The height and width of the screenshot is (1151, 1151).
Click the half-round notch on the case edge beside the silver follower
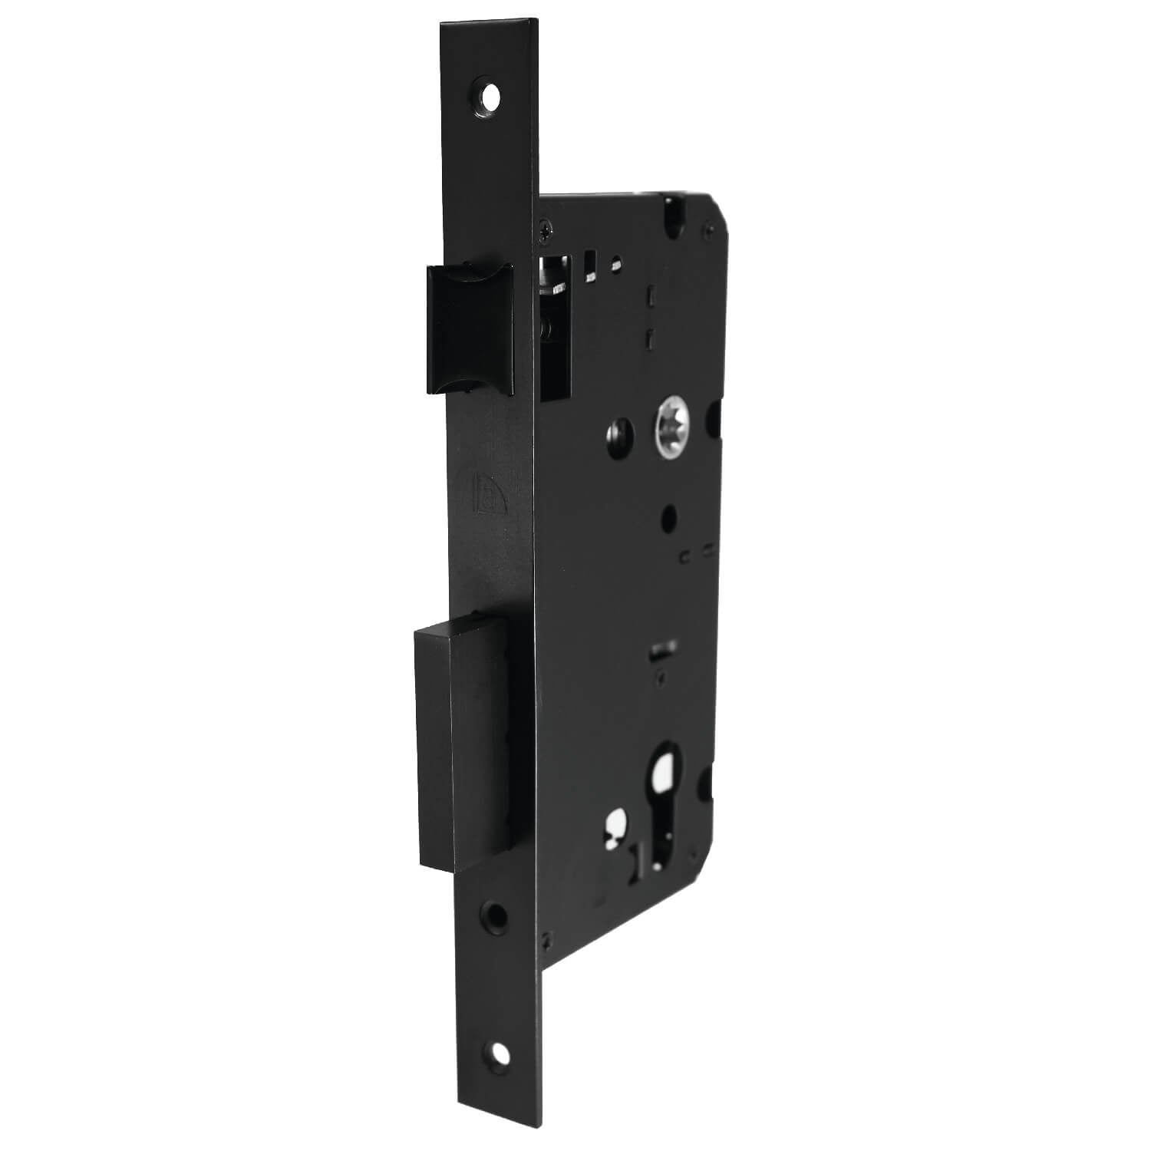pos(717,419)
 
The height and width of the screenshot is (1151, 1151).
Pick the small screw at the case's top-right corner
pos(710,229)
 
